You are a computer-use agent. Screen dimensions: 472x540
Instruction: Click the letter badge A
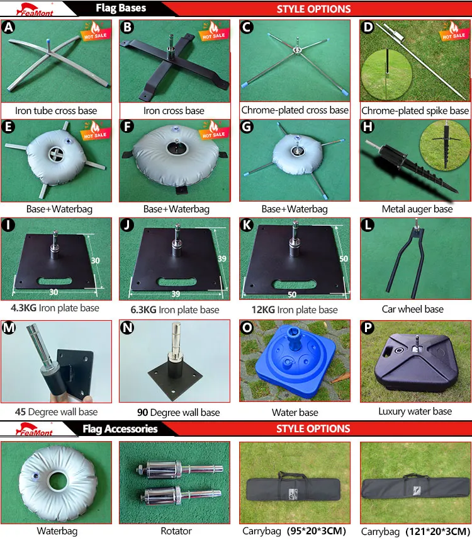(x=8, y=27)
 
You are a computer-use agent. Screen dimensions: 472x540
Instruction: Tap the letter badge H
(x=368, y=127)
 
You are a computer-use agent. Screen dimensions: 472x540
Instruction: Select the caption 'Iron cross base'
(x=174, y=110)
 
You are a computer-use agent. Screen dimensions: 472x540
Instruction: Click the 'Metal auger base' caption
(x=417, y=209)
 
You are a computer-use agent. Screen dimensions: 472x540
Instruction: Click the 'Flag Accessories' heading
(x=120, y=428)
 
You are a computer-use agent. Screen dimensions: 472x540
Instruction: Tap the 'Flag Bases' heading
(x=121, y=8)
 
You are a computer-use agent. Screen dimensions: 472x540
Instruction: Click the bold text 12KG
(x=263, y=309)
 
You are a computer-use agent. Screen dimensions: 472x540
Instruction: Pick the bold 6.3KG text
(x=143, y=309)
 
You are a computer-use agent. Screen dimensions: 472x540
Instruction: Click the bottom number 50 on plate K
(x=292, y=294)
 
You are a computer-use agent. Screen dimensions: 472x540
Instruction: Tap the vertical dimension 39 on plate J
(x=222, y=258)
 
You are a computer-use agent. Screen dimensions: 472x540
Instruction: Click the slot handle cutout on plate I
(x=55, y=281)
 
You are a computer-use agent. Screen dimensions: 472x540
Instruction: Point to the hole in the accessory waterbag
(x=58, y=481)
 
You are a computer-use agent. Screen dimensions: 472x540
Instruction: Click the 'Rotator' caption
(x=176, y=531)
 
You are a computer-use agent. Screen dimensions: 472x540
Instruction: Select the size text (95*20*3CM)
(x=317, y=531)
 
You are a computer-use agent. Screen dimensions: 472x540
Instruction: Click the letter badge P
(x=368, y=327)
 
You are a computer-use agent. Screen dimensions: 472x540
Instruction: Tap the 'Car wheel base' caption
(x=412, y=309)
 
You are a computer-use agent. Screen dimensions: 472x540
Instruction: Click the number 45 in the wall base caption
(x=20, y=412)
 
